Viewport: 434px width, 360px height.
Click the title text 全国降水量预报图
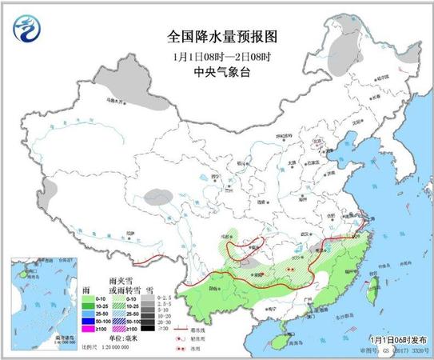coord(217,37)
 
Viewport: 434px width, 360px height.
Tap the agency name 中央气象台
coord(217,70)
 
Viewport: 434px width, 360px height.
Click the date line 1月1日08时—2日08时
coord(217,54)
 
